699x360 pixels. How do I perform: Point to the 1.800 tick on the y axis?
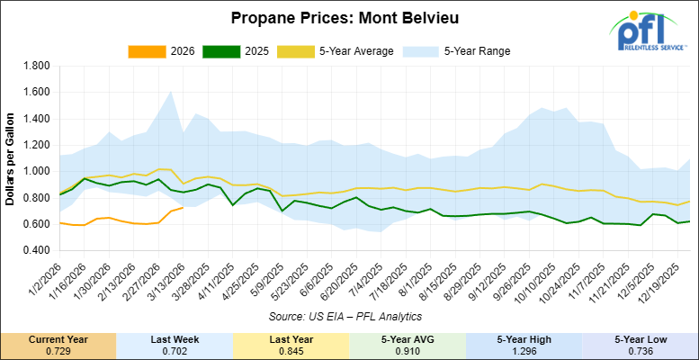click(x=35, y=66)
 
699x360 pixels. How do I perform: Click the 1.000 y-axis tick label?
click(x=35, y=170)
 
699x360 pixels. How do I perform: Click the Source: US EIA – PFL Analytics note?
click(x=348, y=317)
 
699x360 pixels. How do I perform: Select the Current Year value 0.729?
click(x=58, y=349)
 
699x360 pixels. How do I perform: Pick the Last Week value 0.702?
click(x=175, y=349)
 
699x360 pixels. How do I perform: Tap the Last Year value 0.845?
click(x=291, y=349)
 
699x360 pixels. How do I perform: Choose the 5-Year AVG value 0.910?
click(x=408, y=349)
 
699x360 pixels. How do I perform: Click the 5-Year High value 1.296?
click(x=524, y=349)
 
